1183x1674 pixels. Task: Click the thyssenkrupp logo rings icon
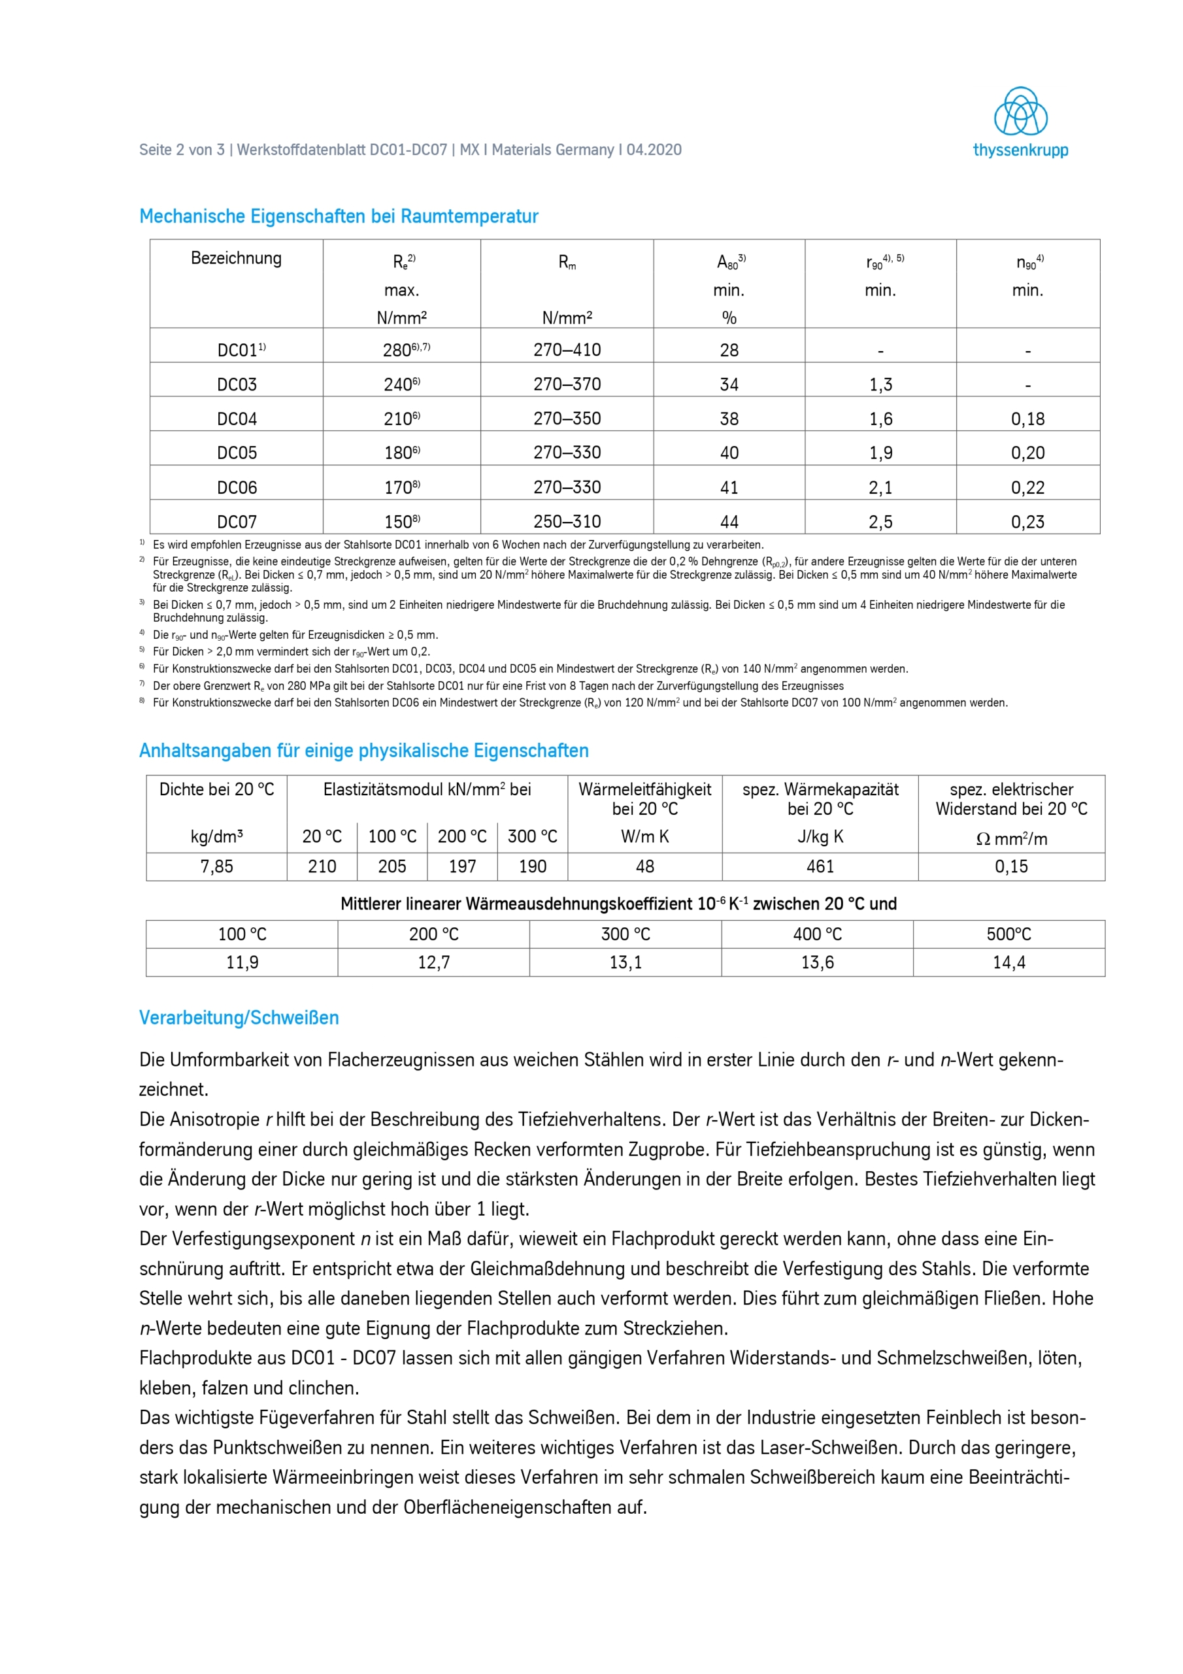click(x=1020, y=112)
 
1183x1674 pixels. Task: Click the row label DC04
click(x=237, y=418)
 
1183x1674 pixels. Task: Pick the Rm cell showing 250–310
click(x=567, y=521)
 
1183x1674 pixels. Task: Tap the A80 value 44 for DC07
click(x=729, y=522)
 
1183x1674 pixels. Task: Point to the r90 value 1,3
click(x=880, y=384)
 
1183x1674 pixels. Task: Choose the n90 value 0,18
click(x=1027, y=418)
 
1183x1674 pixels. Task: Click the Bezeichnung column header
click(x=236, y=258)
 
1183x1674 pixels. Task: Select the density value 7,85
click(x=216, y=866)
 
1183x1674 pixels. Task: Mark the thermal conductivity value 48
click(x=644, y=866)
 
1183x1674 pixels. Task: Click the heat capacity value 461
click(x=820, y=866)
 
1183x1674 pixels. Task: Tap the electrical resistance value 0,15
click(x=1011, y=866)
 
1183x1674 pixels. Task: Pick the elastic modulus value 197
click(x=462, y=866)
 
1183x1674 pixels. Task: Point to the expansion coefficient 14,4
click(x=1008, y=963)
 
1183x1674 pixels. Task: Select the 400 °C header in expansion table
click(x=817, y=934)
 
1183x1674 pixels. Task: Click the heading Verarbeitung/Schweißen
click(x=239, y=1018)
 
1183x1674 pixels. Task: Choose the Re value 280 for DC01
click(x=398, y=350)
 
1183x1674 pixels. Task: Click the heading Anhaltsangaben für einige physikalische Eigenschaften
click(x=363, y=751)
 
